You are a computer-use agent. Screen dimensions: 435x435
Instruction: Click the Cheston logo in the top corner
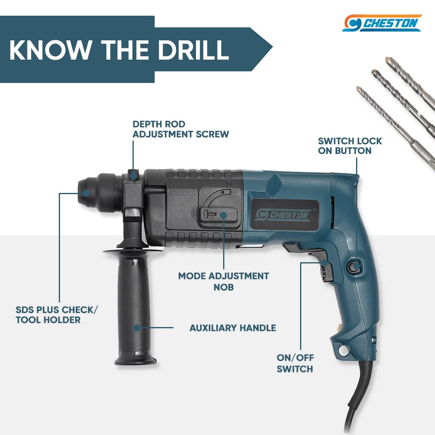pos(382,23)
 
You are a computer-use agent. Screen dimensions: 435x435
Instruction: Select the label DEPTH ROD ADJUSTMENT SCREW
pos(180,129)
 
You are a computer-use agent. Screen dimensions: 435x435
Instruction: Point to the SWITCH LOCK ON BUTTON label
pos(350,146)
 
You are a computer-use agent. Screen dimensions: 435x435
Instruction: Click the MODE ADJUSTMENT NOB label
pos(224,281)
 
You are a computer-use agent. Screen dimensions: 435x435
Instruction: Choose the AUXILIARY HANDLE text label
pos(233,328)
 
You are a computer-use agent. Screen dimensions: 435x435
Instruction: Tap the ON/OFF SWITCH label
pos(295,363)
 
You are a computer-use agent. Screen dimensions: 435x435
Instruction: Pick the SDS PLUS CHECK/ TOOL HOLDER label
pos(57,315)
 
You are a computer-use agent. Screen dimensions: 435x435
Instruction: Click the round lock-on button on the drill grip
pos(355,267)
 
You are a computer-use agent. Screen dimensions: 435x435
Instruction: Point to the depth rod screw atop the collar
pos(133,175)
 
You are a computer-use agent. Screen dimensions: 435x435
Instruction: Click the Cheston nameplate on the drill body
pos(285,214)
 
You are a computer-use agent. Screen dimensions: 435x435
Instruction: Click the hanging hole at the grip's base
pos(344,350)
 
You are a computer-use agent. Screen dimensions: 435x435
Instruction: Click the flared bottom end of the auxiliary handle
pos(135,360)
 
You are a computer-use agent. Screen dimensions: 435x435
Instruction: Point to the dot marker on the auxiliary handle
pos(137,327)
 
